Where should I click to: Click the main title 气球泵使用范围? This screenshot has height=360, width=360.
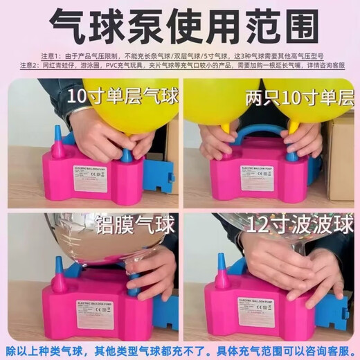pyautogui.click(x=180, y=26)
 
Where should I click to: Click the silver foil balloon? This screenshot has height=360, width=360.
pyautogui.click(x=90, y=239)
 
